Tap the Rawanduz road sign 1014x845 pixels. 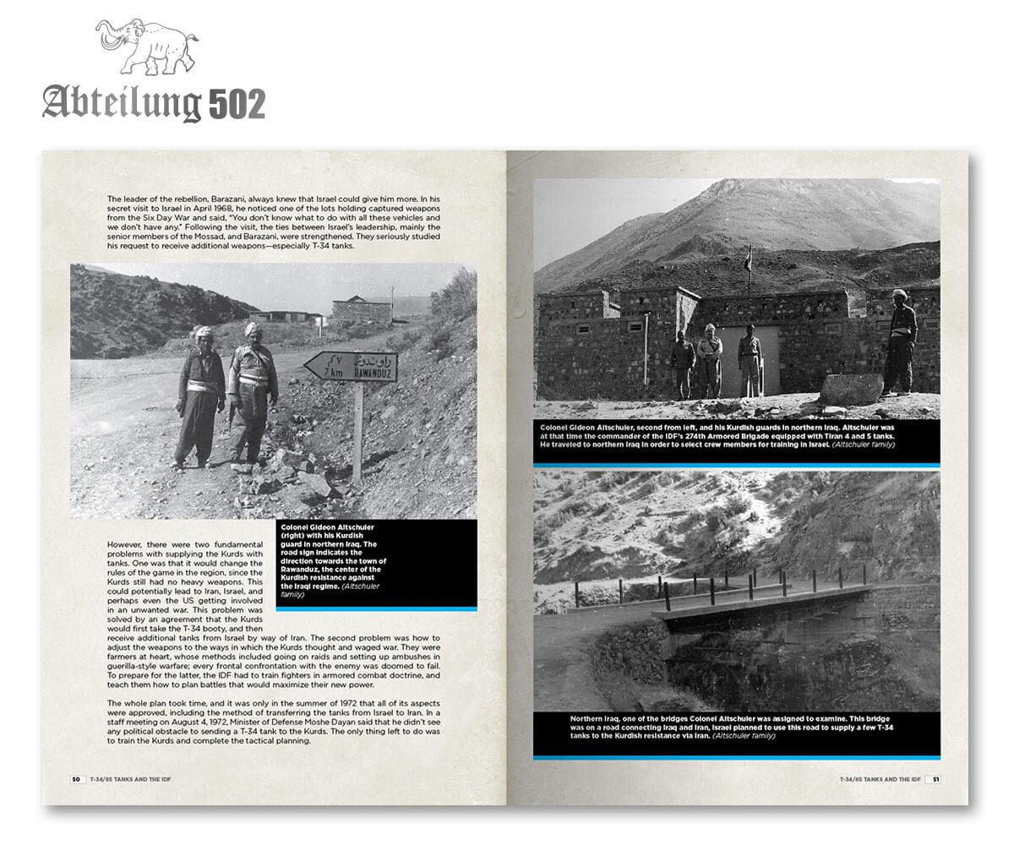pyautogui.click(x=351, y=367)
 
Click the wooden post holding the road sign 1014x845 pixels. pyautogui.click(x=358, y=431)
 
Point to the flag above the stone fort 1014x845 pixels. pyautogui.click(x=748, y=258)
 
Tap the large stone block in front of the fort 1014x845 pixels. pyautogui.click(x=850, y=389)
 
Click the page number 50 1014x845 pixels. pyautogui.click(x=75, y=779)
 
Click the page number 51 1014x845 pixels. pyautogui.click(x=936, y=779)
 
